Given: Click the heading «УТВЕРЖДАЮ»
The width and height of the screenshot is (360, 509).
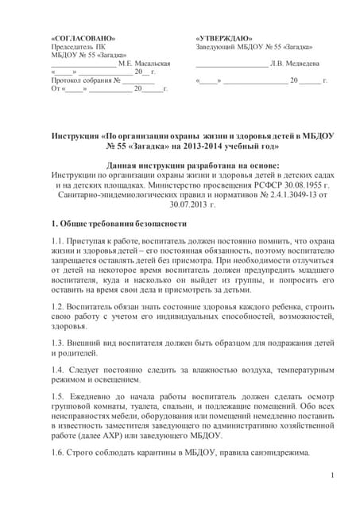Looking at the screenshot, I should pyautogui.click(x=225, y=37).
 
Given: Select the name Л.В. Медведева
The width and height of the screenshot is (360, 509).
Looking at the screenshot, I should pyautogui.click(x=295, y=63).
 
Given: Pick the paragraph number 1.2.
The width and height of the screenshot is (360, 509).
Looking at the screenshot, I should pyautogui.click(x=58, y=305).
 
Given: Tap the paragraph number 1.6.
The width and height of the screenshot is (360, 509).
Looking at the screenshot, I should pyautogui.click(x=58, y=452).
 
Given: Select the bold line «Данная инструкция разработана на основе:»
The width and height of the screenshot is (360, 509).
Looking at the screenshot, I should pyautogui.click(x=180, y=164).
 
